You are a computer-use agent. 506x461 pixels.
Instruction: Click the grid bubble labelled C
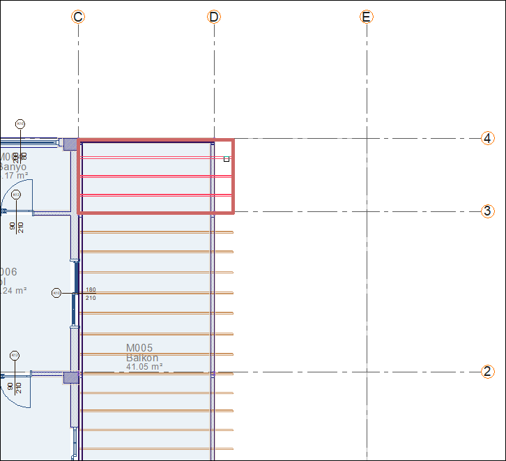(78, 17)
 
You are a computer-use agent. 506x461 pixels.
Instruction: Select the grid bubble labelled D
(214, 17)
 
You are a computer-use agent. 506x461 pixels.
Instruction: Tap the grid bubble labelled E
(367, 17)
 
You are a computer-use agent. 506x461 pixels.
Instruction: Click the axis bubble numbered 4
(488, 138)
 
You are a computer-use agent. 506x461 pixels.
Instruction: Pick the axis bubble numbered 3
(488, 211)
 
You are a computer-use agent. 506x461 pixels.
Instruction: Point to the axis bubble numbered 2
(488, 372)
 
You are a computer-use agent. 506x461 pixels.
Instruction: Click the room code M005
(139, 348)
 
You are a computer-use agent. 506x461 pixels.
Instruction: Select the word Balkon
(142, 358)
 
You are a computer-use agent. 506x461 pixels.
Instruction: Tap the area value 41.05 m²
(144, 367)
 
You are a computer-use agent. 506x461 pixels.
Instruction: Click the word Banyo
(13, 167)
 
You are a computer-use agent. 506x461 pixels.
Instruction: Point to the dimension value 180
(91, 289)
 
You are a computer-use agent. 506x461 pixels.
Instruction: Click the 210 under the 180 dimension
(91, 298)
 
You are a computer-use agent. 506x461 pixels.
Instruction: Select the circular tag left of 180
(56, 293)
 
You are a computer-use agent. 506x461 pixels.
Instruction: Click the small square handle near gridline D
(227, 159)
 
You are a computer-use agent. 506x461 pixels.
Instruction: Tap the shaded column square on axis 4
(70, 144)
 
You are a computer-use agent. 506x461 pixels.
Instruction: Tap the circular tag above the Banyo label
(20, 123)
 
